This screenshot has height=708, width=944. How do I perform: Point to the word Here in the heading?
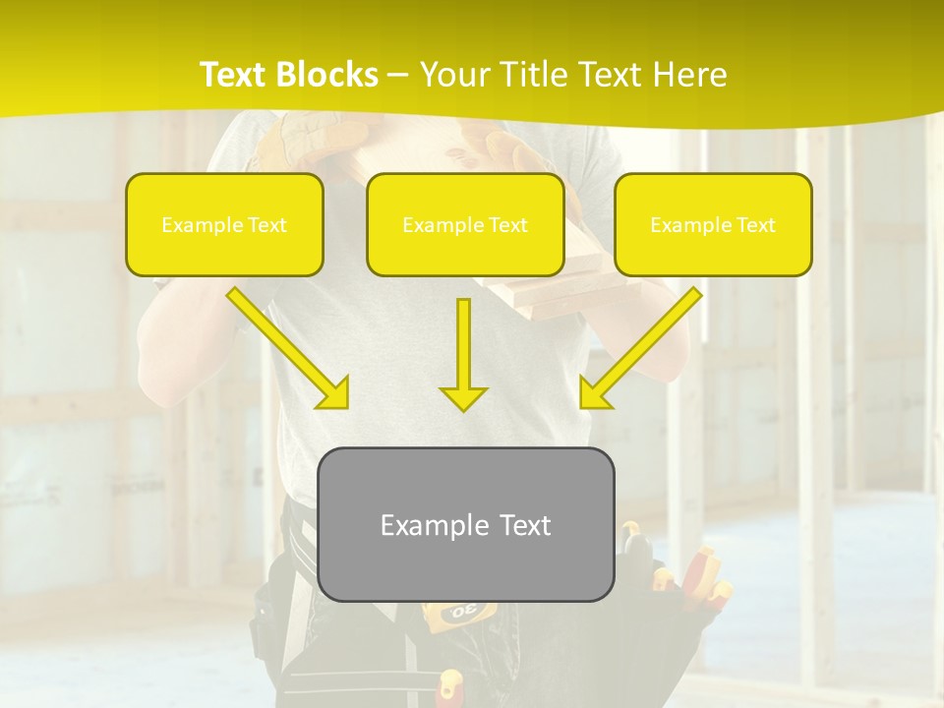click(x=690, y=75)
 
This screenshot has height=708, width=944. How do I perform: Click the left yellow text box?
click(x=224, y=224)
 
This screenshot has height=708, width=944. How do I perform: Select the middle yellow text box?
click(x=465, y=224)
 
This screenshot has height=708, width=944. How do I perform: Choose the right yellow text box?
click(x=713, y=224)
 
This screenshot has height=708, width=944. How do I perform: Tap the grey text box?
click(x=465, y=524)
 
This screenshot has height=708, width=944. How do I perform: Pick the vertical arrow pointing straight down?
click(x=463, y=354)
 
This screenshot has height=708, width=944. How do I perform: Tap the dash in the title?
click(x=398, y=75)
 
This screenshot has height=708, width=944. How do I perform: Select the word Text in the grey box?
click(x=524, y=525)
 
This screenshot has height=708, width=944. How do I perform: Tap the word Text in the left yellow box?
click(x=266, y=225)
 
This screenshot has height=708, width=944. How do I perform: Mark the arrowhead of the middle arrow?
click(x=463, y=397)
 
